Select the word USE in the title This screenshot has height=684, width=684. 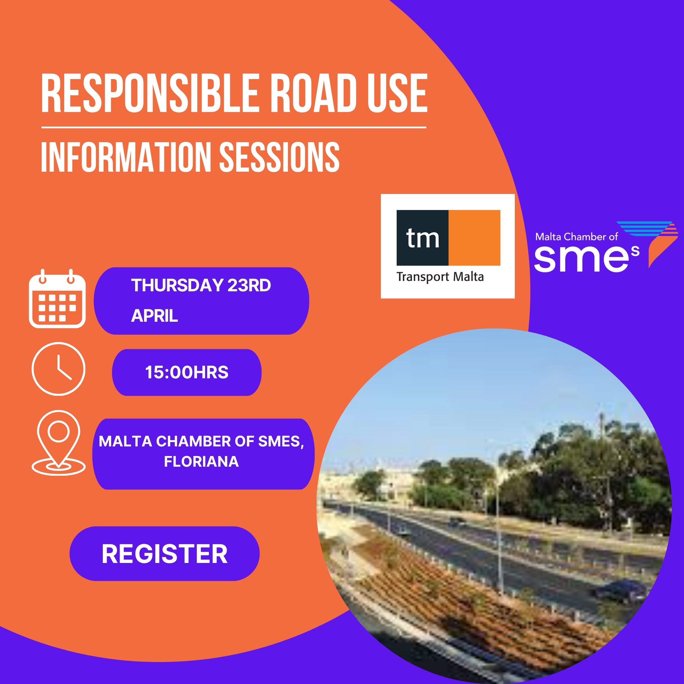coord(397,93)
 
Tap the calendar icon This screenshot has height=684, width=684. coord(57,298)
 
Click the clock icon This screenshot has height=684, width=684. coord(59,368)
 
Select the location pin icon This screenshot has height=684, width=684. coord(59,442)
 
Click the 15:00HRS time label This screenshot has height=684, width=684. coord(187,372)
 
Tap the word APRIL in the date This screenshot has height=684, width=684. coord(154,316)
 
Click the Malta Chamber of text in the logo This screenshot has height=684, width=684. coord(576,236)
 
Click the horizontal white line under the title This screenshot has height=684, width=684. coord(234,127)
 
